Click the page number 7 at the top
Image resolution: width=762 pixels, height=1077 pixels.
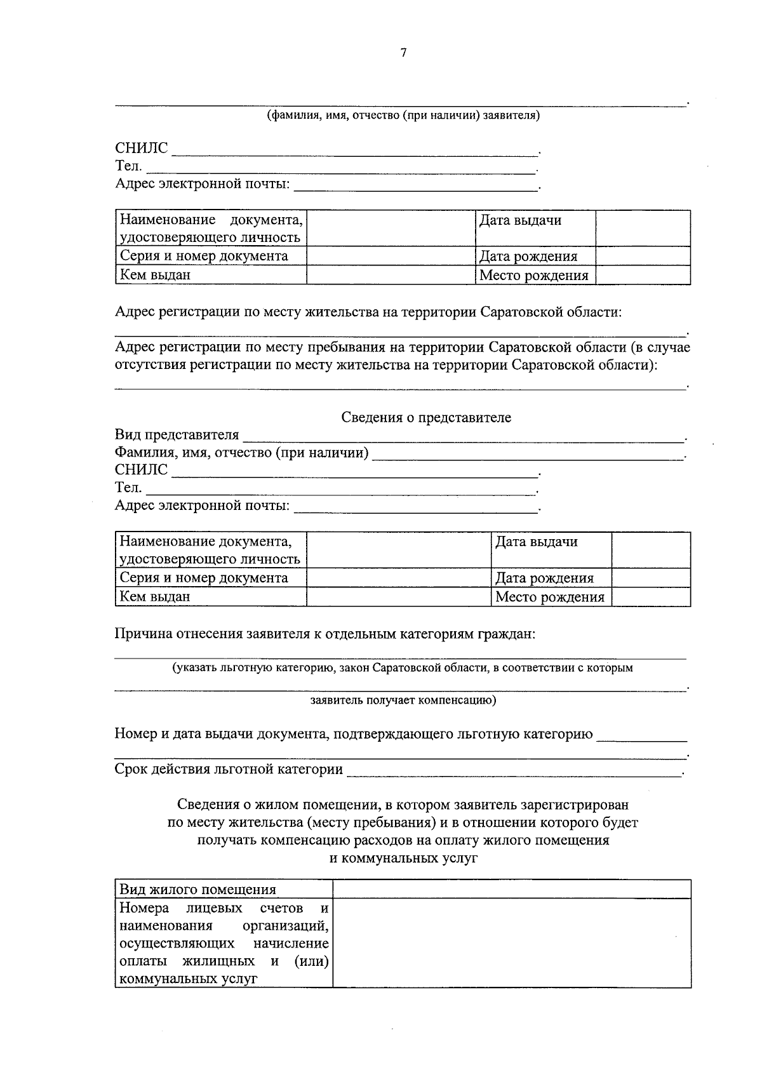point(403,53)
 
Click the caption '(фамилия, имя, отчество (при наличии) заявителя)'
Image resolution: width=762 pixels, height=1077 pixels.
point(403,116)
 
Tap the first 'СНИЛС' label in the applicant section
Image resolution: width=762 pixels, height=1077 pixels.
point(141,149)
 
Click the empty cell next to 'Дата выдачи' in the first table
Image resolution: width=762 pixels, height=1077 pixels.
point(643,228)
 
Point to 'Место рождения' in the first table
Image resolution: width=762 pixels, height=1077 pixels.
point(533,276)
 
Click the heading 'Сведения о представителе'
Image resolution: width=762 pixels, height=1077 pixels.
point(426,418)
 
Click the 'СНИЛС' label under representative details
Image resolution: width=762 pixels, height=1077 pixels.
point(141,470)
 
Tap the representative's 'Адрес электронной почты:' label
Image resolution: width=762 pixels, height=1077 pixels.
point(202,505)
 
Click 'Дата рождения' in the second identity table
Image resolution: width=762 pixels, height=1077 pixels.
point(544,578)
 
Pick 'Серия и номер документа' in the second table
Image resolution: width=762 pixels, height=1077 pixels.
point(204,578)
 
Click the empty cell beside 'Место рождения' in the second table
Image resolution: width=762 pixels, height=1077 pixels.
point(651,597)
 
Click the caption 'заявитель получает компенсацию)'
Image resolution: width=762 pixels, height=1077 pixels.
point(403,700)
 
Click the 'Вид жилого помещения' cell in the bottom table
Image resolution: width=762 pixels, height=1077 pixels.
point(198,890)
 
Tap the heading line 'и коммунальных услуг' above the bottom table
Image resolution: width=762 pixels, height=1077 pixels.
point(403,859)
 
